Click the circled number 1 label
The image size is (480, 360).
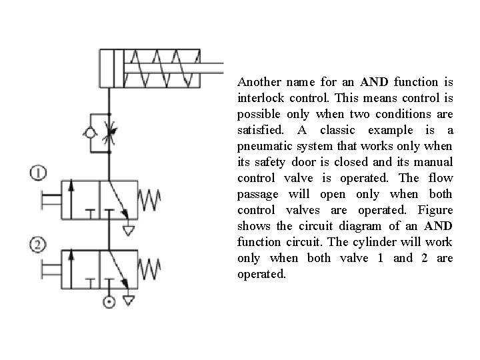(39, 173)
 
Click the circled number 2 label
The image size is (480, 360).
(39, 246)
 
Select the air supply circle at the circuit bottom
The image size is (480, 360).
(109, 302)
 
